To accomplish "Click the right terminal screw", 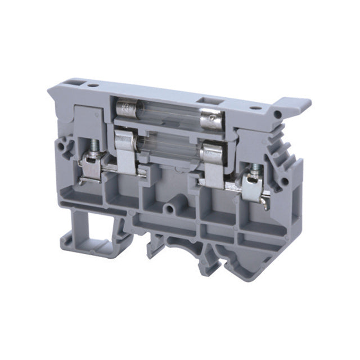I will pos(256,168).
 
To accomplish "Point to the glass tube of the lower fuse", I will pos(169,147).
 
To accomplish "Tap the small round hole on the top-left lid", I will pos(93,86).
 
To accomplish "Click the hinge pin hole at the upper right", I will pos(277,115).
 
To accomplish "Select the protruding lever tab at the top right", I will pos(295,105).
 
